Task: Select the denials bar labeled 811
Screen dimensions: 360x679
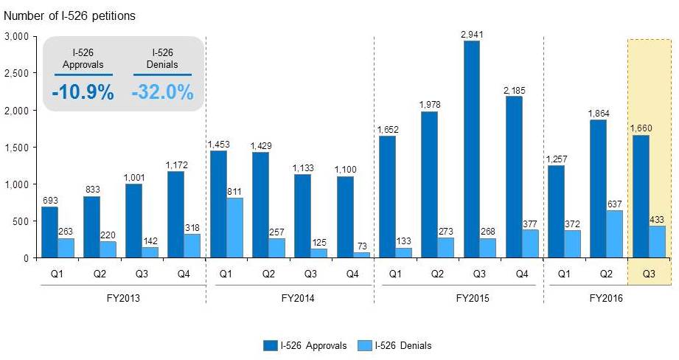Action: tap(235, 228)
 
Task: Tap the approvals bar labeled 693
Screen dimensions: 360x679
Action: tap(49, 232)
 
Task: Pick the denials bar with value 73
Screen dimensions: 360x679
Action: tap(361, 255)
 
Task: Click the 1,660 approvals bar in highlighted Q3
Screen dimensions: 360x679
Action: tap(640, 196)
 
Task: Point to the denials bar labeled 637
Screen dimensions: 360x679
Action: tap(614, 234)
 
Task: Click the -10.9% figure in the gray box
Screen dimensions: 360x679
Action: tap(83, 93)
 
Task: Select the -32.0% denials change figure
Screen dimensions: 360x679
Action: tap(162, 93)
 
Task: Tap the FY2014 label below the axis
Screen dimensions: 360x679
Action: tap(290, 299)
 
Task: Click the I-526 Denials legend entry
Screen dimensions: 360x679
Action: tap(397, 345)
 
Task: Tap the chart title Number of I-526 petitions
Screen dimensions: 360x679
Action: tap(70, 15)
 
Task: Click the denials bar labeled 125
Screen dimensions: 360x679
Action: tap(319, 253)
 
